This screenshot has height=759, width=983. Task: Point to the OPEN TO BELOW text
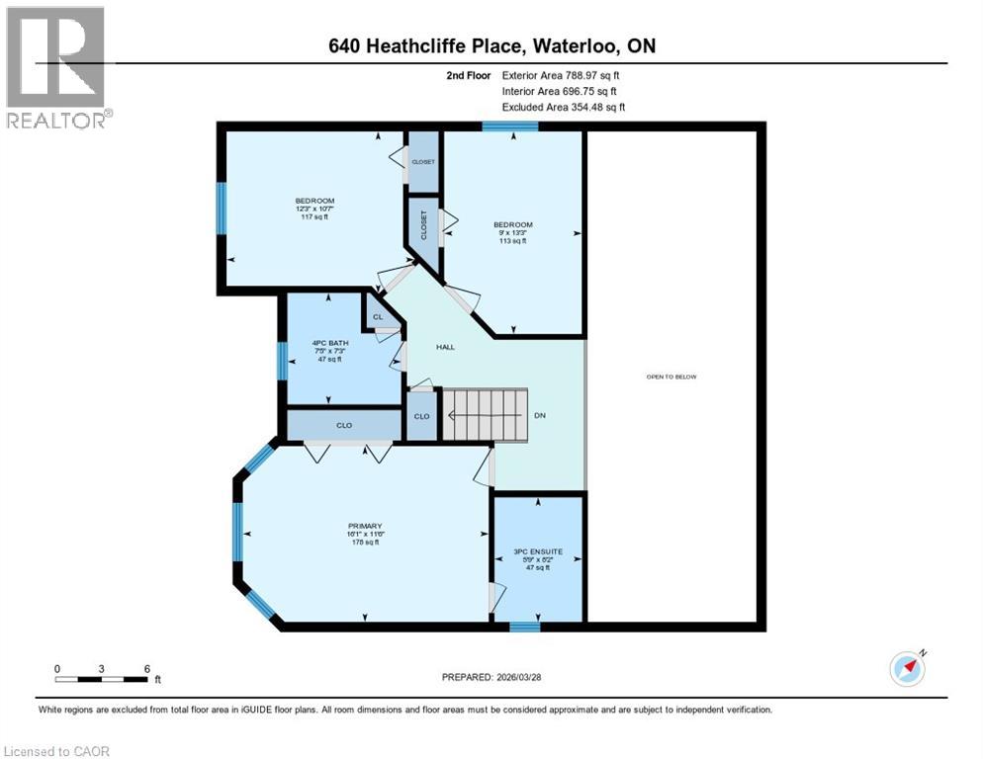pyautogui.click(x=672, y=377)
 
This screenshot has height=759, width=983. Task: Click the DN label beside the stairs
pyautogui.click(x=540, y=415)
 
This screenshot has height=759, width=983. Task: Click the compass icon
pyautogui.click(x=907, y=669)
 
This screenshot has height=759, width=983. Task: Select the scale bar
pyautogui.click(x=102, y=679)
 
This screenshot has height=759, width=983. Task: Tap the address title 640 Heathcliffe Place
pyautogui.click(x=491, y=46)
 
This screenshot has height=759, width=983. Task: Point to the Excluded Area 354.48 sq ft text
pyautogui.click(x=564, y=107)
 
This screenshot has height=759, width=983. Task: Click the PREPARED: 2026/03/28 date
pyautogui.click(x=493, y=677)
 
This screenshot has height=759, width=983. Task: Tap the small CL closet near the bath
pyautogui.click(x=377, y=317)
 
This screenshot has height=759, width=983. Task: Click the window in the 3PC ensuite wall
pyautogui.click(x=524, y=626)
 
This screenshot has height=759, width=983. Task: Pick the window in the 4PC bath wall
pyautogui.click(x=281, y=359)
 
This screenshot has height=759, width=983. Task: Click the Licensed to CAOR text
pyautogui.click(x=57, y=751)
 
